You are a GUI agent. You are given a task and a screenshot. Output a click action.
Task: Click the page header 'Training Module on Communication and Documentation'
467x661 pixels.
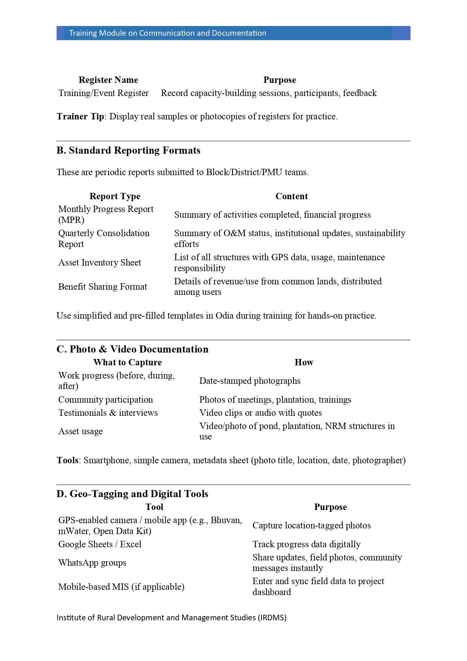[167, 33]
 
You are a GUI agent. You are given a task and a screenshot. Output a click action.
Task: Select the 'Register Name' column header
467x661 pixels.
[108, 80]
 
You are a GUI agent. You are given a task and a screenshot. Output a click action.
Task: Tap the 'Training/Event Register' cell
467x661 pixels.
[103, 93]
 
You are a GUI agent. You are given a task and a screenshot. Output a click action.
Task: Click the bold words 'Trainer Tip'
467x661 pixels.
[80, 116]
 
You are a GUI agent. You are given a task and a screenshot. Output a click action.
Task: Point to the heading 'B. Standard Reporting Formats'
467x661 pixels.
[128, 150]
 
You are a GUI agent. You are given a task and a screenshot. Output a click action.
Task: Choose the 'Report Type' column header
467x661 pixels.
[115, 196]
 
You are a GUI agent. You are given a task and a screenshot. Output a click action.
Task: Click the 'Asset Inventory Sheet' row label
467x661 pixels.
[100, 263]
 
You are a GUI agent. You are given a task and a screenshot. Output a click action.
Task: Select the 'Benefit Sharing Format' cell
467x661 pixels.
[103, 287]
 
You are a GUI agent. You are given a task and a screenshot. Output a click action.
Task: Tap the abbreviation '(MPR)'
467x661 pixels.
[71, 220]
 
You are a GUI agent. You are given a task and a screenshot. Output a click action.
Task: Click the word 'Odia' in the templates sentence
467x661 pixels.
[224, 316]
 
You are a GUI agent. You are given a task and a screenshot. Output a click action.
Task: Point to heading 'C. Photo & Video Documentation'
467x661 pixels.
[132, 349]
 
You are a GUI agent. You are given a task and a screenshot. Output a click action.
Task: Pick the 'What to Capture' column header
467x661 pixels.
[128, 362]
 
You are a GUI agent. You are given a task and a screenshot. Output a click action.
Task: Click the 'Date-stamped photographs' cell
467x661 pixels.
[250, 381]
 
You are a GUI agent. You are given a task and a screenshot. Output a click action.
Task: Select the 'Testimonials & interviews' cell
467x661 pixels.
[108, 413]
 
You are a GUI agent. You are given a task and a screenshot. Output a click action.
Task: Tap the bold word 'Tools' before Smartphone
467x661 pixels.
[68, 460]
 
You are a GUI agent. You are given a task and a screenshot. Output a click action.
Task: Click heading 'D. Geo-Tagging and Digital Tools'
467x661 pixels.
[132, 494]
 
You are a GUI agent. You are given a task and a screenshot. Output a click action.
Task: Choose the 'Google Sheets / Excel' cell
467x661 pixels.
[100, 544]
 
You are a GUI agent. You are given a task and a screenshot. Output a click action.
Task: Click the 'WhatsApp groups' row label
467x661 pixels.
[92, 563]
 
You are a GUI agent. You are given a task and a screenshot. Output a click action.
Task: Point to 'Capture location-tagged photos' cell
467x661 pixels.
[312, 525]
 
